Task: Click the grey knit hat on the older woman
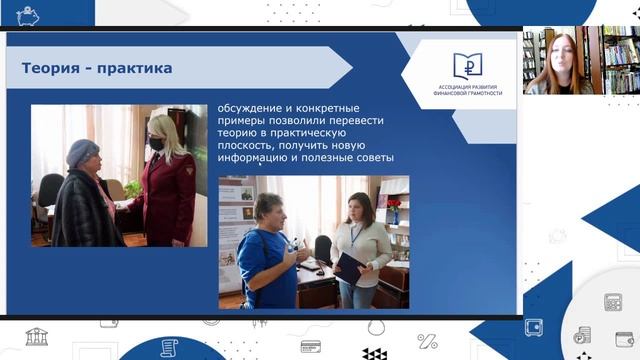click(x=81, y=152)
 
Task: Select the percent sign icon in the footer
click(x=427, y=340)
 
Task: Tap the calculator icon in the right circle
click(x=612, y=302)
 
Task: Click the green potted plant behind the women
click(x=131, y=190)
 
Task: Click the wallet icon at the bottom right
click(x=625, y=339)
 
